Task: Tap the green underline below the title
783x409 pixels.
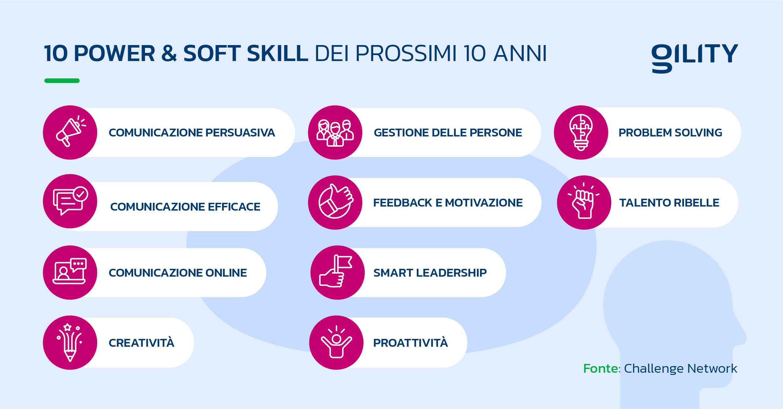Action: pyautogui.click(x=62, y=81)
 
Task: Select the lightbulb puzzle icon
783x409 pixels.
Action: pyautogui.click(x=581, y=132)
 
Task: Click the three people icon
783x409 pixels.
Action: pyautogui.click(x=335, y=133)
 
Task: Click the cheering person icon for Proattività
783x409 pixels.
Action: pyautogui.click(x=336, y=342)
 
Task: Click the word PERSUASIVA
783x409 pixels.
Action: pyautogui.click(x=240, y=133)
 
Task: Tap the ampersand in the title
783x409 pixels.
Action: pyautogui.click(x=169, y=53)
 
